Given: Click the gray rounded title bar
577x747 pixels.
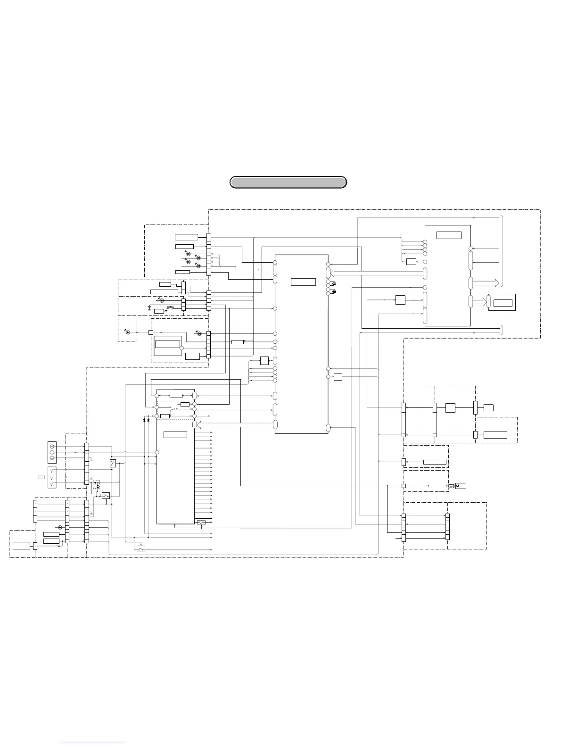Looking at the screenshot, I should pyautogui.click(x=288, y=182).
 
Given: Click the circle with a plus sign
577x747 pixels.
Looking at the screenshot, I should pyautogui.click(x=52, y=446).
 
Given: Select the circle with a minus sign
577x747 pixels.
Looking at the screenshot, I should pyautogui.click(x=52, y=458).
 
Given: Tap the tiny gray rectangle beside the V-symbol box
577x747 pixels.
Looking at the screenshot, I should pyautogui.click(x=41, y=477).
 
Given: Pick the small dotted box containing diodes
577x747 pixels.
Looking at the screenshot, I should pyautogui.click(x=96, y=484).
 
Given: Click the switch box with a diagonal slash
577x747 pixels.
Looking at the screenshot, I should pyautogui.click(x=113, y=463).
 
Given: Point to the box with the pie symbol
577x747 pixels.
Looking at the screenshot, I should pyautogui.click(x=461, y=486).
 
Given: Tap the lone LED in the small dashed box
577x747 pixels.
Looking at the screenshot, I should pyautogui.click(x=127, y=332).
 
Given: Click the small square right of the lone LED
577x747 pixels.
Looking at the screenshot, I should pyautogui.click(x=151, y=332).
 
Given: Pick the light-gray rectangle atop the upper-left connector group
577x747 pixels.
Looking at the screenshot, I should pyautogui.click(x=186, y=237).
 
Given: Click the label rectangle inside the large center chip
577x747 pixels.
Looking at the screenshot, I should pyautogui.click(x=303, y=282).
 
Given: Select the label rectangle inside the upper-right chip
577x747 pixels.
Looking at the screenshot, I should pyautogui.click(x=448, y=235).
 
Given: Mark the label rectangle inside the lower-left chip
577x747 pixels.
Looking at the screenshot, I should pyautogui.click(x=175, y=434).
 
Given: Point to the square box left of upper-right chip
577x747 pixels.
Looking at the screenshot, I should pyautogui.click(x=400, y=299).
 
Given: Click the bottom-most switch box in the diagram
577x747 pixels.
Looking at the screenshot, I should pyautogui.click(x=140, y=548).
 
